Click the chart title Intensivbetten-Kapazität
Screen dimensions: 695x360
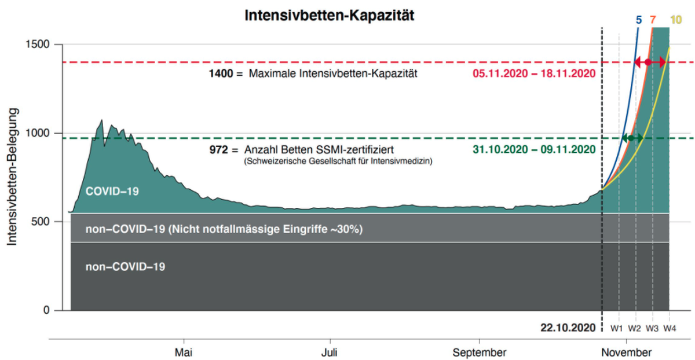tap(329, 15)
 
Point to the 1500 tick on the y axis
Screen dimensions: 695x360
tap(37, 45)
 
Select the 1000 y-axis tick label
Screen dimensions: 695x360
tap(37, 133)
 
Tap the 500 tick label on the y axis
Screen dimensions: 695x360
tap(41, 222)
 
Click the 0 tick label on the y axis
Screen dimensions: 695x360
tap(46, 310)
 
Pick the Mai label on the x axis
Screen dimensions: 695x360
tap(184, 352)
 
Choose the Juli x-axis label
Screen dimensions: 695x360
tap(329, 352)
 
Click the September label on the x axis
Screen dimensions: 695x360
tap(480, 352)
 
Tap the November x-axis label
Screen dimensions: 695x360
tap(627, 352)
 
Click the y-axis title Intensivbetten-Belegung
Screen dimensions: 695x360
tap(12, 177)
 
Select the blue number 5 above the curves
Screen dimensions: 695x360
tap(638, 20)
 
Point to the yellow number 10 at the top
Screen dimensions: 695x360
tap(676, 20)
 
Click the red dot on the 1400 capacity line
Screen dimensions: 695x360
tap(648, 63)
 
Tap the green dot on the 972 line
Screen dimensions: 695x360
tap(631, 138)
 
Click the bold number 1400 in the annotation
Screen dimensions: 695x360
tap(221, 74)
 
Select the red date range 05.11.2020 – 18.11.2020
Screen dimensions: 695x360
tap(534, 74)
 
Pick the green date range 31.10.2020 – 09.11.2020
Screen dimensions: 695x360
tap(534, 149)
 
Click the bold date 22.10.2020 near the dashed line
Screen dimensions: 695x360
tap(568, 328)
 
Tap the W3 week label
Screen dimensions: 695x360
tap(652, 328)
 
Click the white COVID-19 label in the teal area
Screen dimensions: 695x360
tap(112, 192)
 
